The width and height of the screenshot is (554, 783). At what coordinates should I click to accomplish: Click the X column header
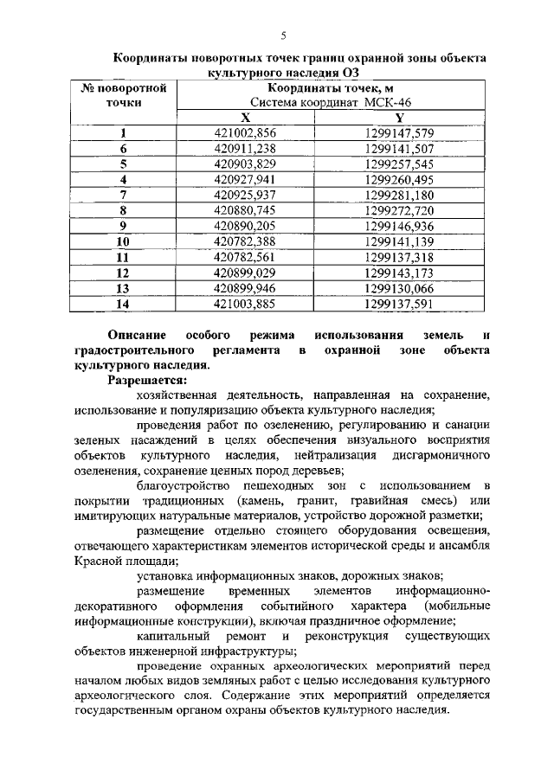(x=245, y=119)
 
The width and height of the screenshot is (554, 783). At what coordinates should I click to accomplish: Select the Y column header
(x=399, y=119)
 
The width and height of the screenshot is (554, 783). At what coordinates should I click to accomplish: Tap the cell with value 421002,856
(x=245, y=133)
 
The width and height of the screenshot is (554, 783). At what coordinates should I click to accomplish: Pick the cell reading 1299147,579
(x=399, y=133)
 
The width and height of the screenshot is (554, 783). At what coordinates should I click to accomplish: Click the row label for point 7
(x=124, y=195)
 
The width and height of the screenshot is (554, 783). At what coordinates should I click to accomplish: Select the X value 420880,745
(x=245, y=210)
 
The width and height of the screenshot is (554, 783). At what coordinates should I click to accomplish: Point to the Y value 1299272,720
(x=399, y=210)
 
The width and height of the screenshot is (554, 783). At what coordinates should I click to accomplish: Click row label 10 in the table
(x=124, y=241)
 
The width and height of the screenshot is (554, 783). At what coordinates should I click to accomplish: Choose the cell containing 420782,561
(x=245, y=257)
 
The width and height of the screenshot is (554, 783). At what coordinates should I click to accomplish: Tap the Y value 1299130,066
(x=399, y=288)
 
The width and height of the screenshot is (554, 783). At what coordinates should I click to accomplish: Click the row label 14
(x=124, y=304)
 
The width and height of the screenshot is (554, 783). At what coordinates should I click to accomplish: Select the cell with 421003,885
(x=245, y=304)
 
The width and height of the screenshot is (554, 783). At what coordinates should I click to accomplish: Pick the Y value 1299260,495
(x=399, y=180)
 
